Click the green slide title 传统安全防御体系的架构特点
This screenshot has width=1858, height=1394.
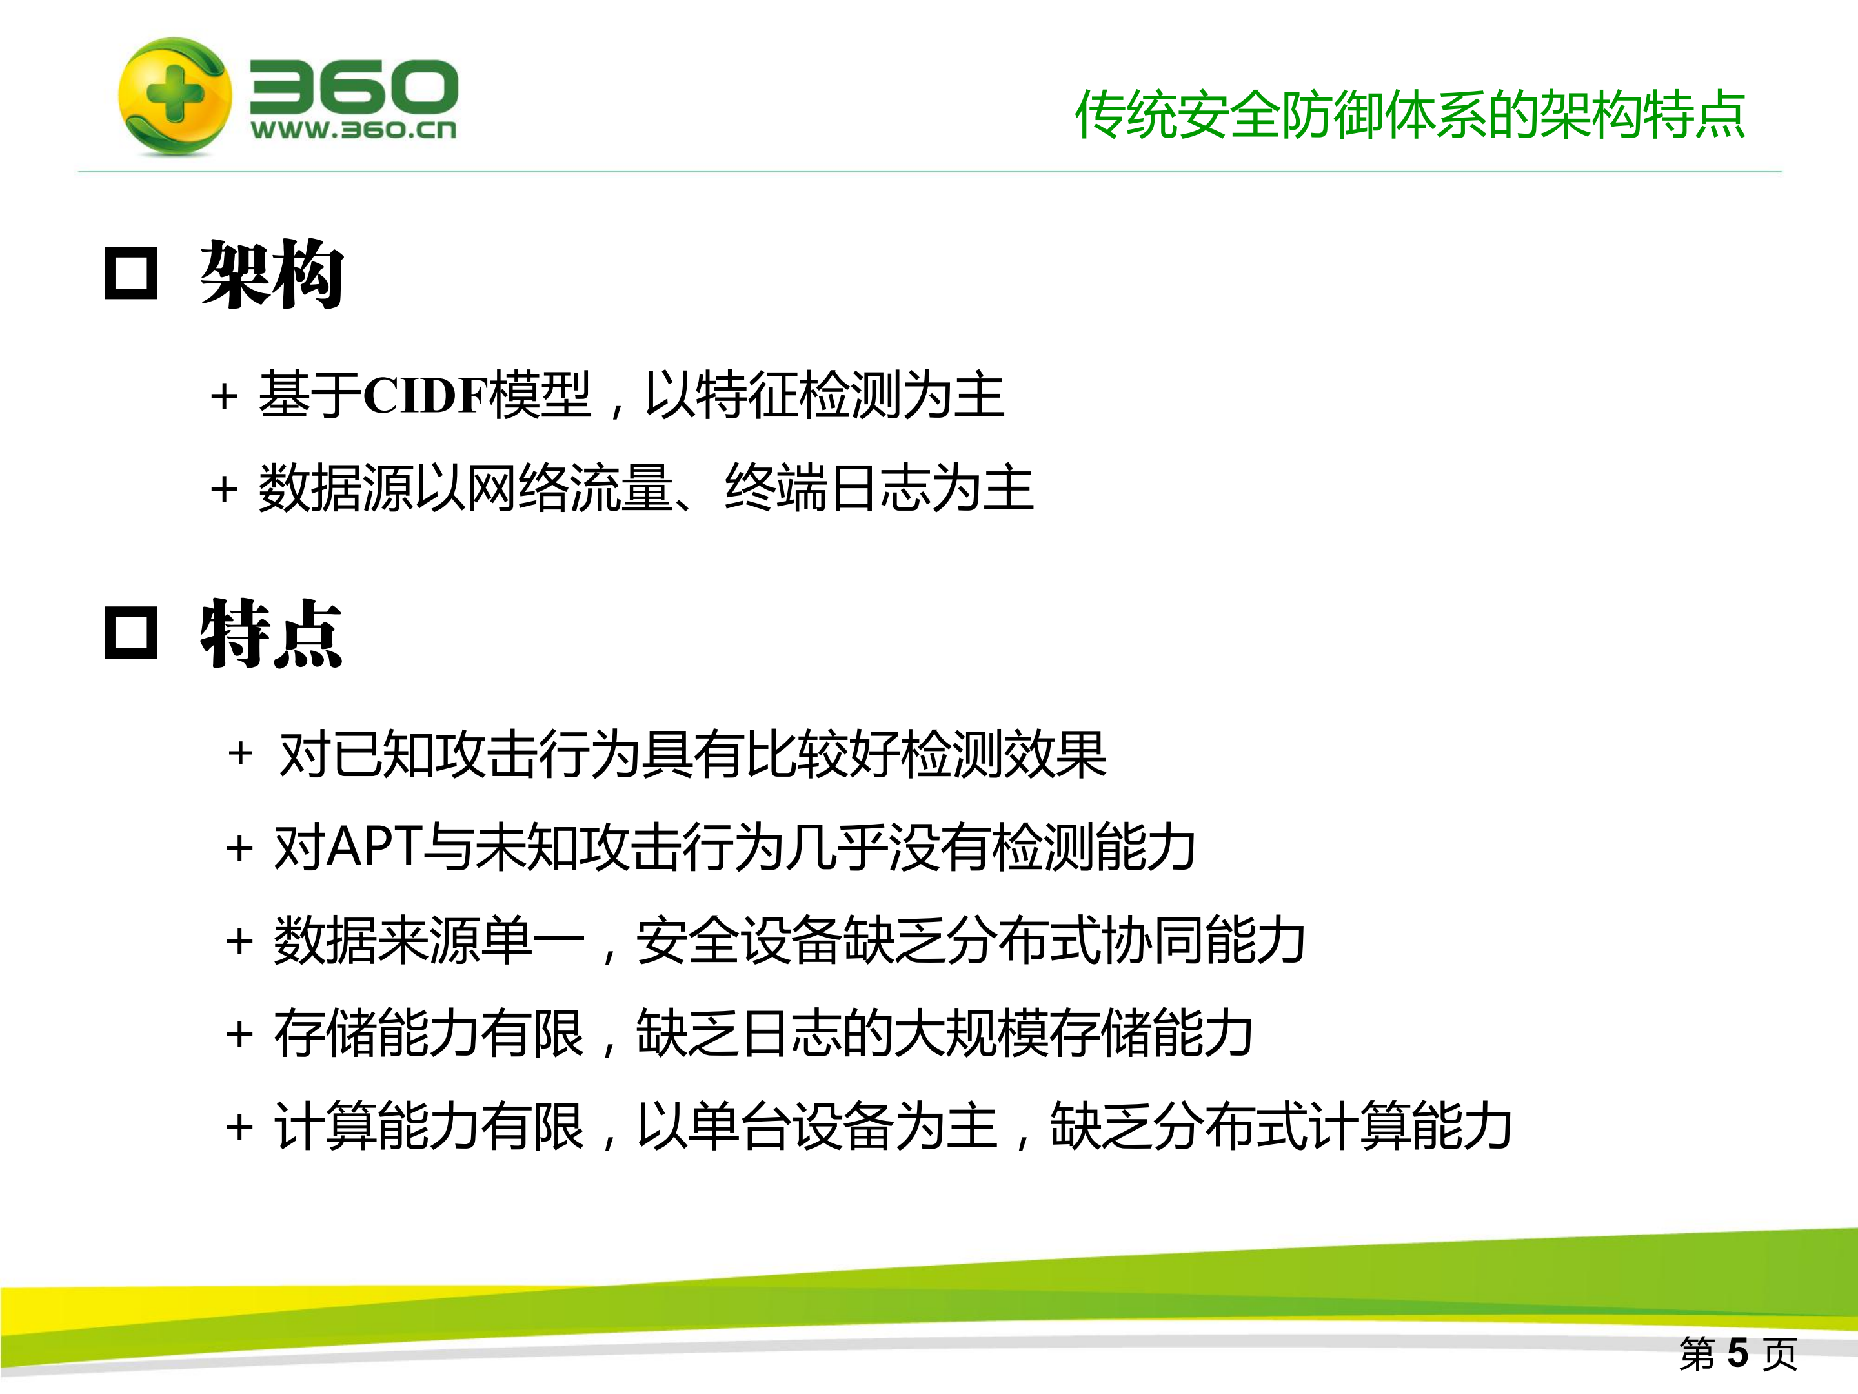click(x=1410, y=115)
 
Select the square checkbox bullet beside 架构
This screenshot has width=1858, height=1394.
click(x=131, y=274)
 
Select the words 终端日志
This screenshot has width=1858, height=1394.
click(x=827, y=488)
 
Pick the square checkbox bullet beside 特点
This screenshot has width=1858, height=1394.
click(x=131, y=633)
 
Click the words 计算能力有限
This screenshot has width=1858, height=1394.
click(x=429, y=1126)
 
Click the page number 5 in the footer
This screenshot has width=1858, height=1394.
click(x=1738, y=1354)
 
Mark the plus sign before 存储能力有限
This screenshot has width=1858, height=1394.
click(x=239, y=1034)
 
